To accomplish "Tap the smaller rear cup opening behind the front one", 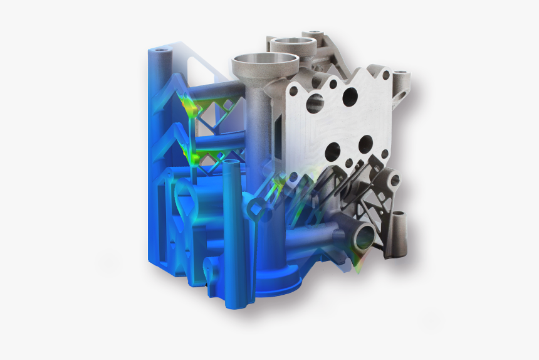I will [292, 43].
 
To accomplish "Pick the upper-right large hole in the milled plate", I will [350, 96].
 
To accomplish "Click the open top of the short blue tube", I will [231, 163].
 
